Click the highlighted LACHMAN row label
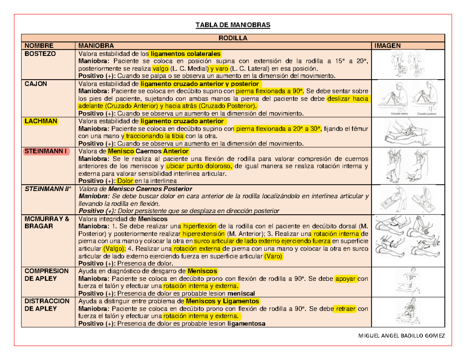pyautogui.click(x=41, y=121)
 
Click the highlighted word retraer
pyautogui.click(x=345, y=309)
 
